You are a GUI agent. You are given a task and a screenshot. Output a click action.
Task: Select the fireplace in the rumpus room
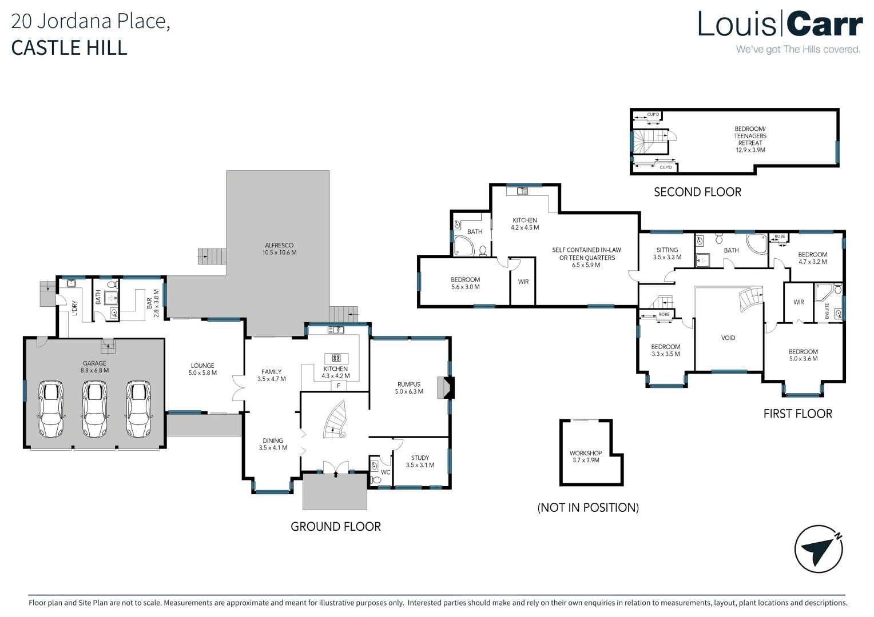(446, 387)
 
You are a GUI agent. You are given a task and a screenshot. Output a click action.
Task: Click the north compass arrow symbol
(819, 549)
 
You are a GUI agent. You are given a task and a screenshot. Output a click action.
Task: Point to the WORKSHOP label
(586, 453)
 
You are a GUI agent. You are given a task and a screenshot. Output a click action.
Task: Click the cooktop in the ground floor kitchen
(336, 358)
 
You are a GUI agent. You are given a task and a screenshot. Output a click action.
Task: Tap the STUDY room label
(420, 458)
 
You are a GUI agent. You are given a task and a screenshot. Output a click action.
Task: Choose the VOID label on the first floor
(728, 338)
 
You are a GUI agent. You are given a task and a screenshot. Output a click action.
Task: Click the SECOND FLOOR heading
(697, 192)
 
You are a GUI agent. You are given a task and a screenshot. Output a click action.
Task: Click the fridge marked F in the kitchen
(339, 386)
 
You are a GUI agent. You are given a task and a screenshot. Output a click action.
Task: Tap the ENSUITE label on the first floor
(827, 311)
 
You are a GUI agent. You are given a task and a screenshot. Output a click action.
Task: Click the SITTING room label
(667, 250)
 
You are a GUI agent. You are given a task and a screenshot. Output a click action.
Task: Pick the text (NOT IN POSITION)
(588, 507)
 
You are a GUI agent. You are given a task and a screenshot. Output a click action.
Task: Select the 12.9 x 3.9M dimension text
(750, 150)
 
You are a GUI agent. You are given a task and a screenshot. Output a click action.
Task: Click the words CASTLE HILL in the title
(69, 48)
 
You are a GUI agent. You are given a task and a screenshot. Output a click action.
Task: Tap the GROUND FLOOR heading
(336, 527)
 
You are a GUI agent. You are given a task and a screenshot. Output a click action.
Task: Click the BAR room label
(149, 303)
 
